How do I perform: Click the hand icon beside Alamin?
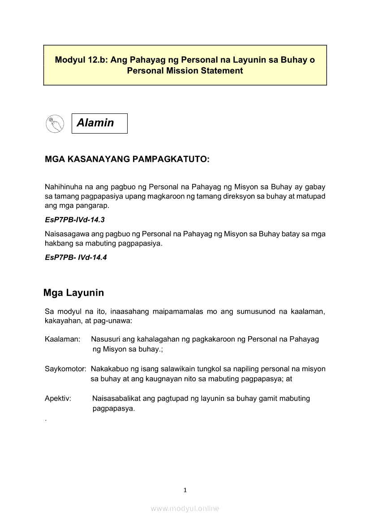[x=55, y=123]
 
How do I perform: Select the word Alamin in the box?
[x=95, y=123]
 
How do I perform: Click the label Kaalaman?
[x=62, y=339]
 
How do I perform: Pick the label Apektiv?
[x=58, y=398]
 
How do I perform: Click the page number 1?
[x=185, y=490]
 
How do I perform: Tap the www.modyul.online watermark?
[x=185, y=509]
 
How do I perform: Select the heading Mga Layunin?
[x=73, y=293]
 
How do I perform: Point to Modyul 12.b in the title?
[x=81, y=60]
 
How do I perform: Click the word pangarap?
[x=94, y=206]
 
